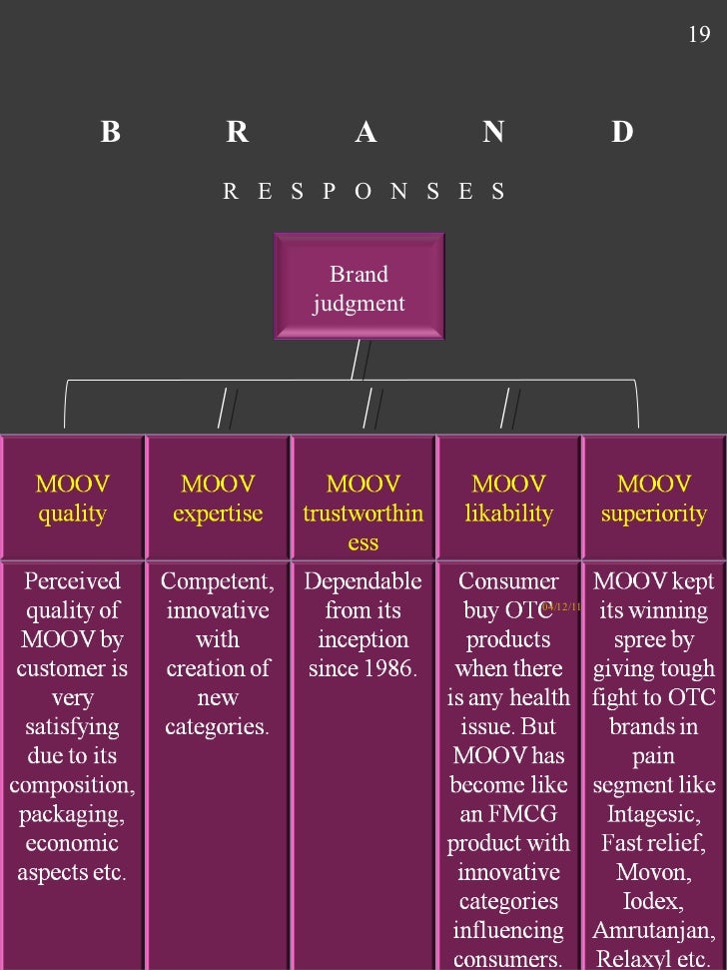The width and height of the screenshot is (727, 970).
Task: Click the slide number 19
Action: (x=699, y=35)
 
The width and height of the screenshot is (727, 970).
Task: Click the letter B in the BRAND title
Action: (x=110, y=132)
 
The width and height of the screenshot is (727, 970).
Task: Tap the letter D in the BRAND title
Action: (x=622, y=132)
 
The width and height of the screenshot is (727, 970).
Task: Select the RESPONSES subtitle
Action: (x=363, y=191)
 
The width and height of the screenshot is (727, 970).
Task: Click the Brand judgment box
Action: (x=359, y=288)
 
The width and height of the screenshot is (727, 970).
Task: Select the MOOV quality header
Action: (x=72, y=498)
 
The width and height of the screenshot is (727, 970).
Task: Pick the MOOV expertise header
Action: (x=217, y=498)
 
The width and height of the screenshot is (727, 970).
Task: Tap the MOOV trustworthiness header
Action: (x=363, y=512)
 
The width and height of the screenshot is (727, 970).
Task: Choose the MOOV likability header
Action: (x=509, y=498)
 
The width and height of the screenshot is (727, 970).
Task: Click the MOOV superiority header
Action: (x=654, y=498)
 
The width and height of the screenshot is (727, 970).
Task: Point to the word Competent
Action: (x=215, y=581)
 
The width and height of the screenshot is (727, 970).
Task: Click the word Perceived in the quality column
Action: (x=72, y=581)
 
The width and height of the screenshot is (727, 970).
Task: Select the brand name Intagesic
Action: (x=654, y=814)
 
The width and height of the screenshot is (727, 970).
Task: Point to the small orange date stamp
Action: (x=561, y=606)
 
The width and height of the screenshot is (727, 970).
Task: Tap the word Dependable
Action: (x=363, y=581)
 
